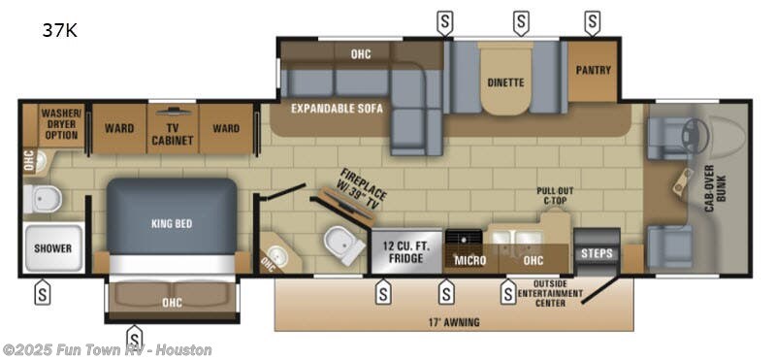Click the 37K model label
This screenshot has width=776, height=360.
click(x=59, y=30)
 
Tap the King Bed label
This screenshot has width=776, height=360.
click(x=171, y=223)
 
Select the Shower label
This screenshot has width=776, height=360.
click(x=52, y=248)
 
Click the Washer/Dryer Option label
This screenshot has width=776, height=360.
click(x=59, y=123)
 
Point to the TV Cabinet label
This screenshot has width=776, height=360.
click(x=172, y=134)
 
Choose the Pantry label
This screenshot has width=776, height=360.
click(x=592, y=70)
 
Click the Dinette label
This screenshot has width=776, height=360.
click(x=505, y=82)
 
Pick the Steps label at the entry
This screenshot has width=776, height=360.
click(x=596, y=254)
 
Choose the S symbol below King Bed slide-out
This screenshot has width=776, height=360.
click(x=135, y=336)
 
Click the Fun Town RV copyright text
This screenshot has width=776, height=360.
click(x=107, y=349)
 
